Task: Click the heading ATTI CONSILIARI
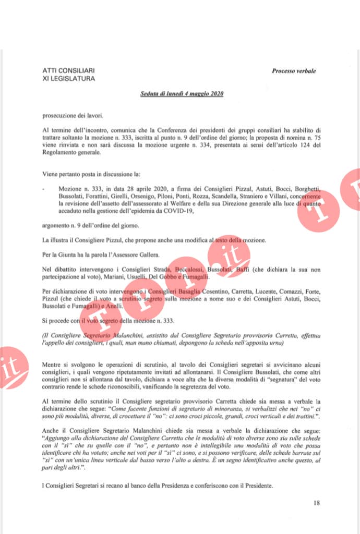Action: [68, 70]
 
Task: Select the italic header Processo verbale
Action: [294, 71]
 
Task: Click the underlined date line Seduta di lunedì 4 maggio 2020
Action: [182, 94]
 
